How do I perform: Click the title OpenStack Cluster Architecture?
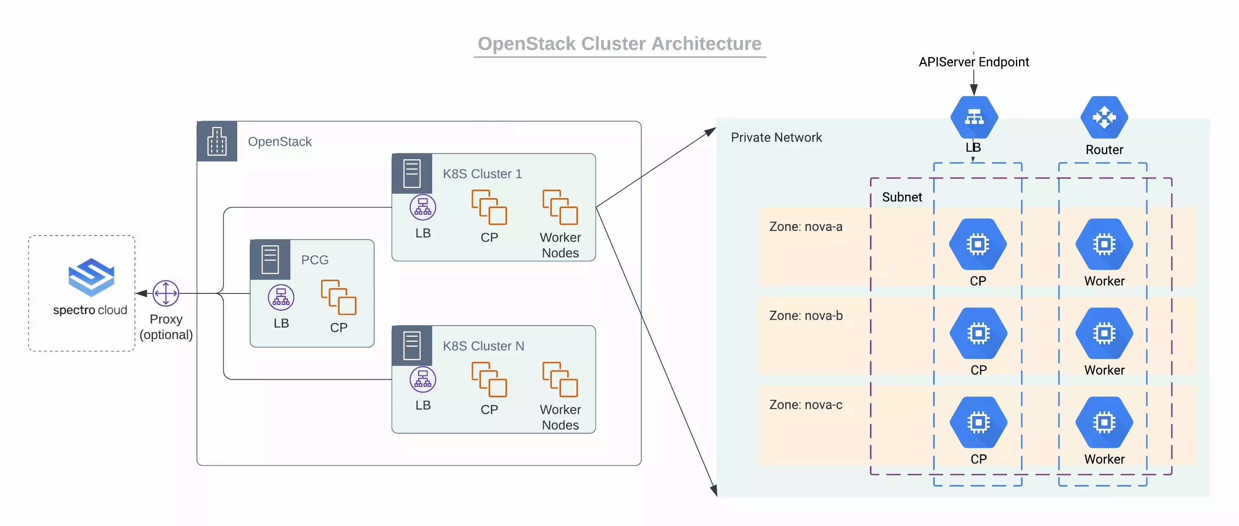click(619, 44)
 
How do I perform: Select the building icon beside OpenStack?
click(217, 141)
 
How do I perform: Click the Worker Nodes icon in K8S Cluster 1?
click(560, 207)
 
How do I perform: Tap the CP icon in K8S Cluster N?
click(489, 379)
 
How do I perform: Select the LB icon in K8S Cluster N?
click(423, 379)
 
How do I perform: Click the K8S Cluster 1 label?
click(482, 174)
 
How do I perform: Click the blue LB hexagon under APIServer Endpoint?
click(974, 117)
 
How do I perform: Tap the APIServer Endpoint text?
click(973, 62)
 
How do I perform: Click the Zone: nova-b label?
click(806, 316)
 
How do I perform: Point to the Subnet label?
click(902, 197)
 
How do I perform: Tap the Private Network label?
click(776, 138)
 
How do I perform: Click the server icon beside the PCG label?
click(270, 260)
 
